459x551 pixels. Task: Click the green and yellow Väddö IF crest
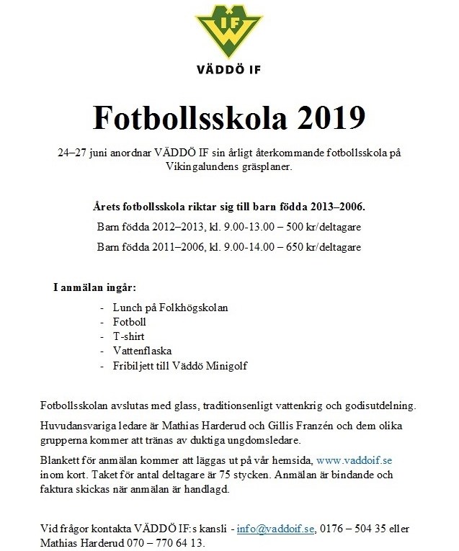tap(228, 32)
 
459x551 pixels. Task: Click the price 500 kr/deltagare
tap(324, 227)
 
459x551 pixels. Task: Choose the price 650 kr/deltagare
tap(324, 247)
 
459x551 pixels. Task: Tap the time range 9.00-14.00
tap(238, 247)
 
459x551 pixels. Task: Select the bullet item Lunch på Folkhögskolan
tap(170, 308)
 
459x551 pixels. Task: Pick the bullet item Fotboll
tap(130, 322)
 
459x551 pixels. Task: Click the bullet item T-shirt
tap(128, 336)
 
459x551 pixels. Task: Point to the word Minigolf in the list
tap(223, 366)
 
